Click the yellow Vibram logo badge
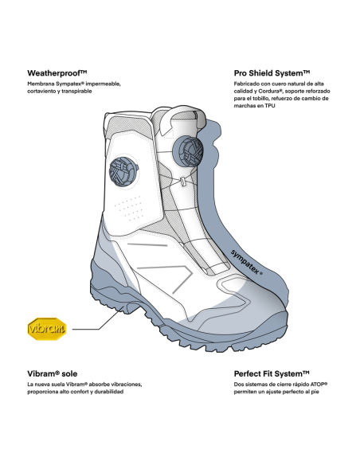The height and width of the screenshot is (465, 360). pos(47,329)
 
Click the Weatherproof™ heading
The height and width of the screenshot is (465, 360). pos(57,73)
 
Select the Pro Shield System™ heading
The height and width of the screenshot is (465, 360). pos(272,73)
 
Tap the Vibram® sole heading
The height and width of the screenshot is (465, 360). pos(53,373)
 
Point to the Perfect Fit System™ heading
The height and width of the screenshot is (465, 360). pos(272,373)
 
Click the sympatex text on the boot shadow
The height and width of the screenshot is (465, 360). pos(246,262)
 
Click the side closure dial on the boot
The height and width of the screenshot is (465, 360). pos(123,172)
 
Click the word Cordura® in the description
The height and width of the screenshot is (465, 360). pos(271,91)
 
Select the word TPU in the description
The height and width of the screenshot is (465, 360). pos(270,106)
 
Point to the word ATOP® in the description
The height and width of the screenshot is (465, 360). pos(319,385)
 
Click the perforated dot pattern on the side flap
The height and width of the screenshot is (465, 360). pos(129,208)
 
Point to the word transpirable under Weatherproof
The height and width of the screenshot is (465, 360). pos(76,92)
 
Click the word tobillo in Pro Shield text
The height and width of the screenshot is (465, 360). pos(261,99)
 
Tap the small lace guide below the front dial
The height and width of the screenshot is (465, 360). pos(183,182)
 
